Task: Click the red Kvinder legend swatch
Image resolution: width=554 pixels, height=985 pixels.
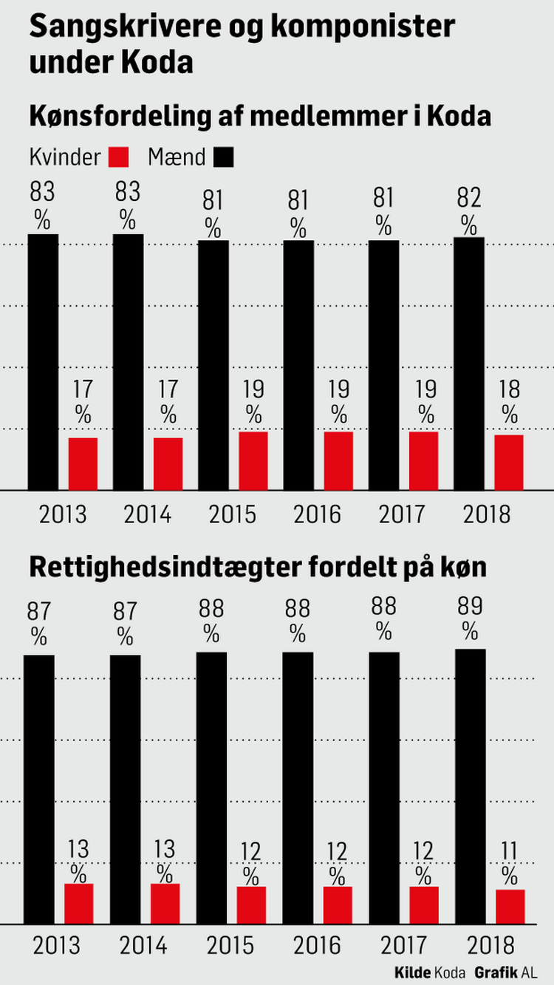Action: (x=119, y=157)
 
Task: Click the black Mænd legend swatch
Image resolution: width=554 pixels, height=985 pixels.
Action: (x=223, y=157)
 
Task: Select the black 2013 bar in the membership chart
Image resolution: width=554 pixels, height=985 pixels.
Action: (x=44, y=361)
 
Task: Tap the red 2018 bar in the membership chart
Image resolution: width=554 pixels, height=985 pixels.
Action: (x=509, y=462)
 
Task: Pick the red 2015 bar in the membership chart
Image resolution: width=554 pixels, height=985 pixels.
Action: (x=253, y=460)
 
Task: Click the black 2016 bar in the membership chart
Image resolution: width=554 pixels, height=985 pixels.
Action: (x=298, y=364)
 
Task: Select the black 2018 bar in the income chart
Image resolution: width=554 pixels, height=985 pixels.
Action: (x=471, y=786)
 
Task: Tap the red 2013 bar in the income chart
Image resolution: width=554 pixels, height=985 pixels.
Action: (x=78, y=903)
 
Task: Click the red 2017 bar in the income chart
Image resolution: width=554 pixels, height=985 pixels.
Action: (x=424, y=904)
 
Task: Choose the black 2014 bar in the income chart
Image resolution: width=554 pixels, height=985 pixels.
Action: (x=126, y=789)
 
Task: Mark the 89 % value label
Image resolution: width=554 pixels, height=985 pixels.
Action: (x=470, y=618)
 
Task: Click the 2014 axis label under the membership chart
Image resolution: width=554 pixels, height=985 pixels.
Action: (x=148, y=514)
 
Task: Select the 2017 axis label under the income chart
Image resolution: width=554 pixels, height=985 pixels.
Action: (x=405, y=945)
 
